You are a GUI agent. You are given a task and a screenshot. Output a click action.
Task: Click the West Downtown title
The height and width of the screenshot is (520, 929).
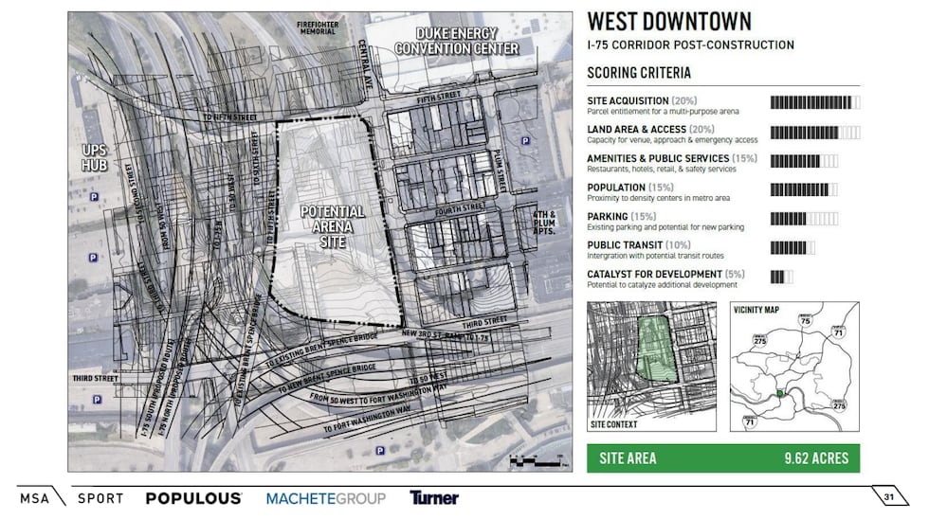(x=669, y=22)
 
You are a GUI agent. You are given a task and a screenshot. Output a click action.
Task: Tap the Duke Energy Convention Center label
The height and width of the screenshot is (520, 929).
(x=456, y=42)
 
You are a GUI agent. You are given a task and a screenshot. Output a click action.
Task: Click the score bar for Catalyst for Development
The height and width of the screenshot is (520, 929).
(x=783, y=277)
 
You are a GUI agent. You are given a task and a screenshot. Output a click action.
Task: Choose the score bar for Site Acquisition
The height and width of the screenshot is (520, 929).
(x=815, y=102)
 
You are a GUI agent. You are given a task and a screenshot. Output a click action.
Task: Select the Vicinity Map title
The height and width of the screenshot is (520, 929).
(x=756, y=310)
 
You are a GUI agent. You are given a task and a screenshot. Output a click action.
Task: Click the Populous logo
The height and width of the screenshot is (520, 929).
(x=193, y=497)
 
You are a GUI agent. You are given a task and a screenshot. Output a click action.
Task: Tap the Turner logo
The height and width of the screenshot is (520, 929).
(x=434, y=497)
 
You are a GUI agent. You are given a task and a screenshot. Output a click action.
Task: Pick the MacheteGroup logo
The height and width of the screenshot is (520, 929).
(x=325, y=497)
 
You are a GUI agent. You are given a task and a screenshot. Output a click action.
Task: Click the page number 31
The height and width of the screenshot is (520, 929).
(x=888, y=498)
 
